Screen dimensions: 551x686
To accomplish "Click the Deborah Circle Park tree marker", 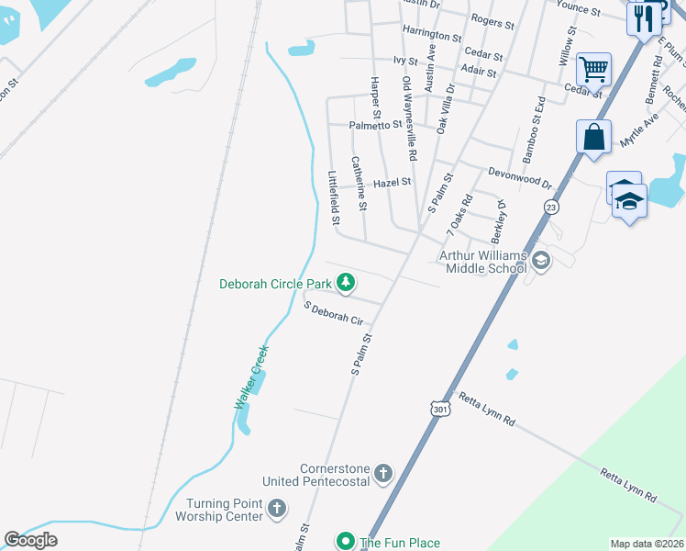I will pyautogui.click(x=346, y=284).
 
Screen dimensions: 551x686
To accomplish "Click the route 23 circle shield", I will pyautogui.click(x=550, y=207).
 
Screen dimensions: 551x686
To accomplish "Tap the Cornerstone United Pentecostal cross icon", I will pyautogui.click(x=383, y=475).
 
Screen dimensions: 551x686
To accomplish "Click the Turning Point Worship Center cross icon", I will pyautogui.click(x=277, y=508).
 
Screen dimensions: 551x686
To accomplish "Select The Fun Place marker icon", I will pyautogui.click(x=346, y=542).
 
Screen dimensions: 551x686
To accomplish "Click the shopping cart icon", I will pyautogui.click(x=593, y=68).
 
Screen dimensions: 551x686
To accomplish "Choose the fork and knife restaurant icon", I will pyautogui.click(x=644, y=17).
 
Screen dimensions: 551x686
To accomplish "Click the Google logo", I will pyautogui.click(x=30, y=540).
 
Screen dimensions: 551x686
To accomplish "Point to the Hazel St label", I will pyautogui.click(x=392, y=183).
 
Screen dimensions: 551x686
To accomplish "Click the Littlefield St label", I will pyautogui.click(x=335, y=197).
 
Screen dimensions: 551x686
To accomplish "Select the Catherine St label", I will pyautogui.click(x=360, y=184).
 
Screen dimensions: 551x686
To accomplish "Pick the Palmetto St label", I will pyautogui.click(x=375, y=125).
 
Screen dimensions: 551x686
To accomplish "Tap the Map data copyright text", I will pyautogui.click(x=646, y=544).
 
